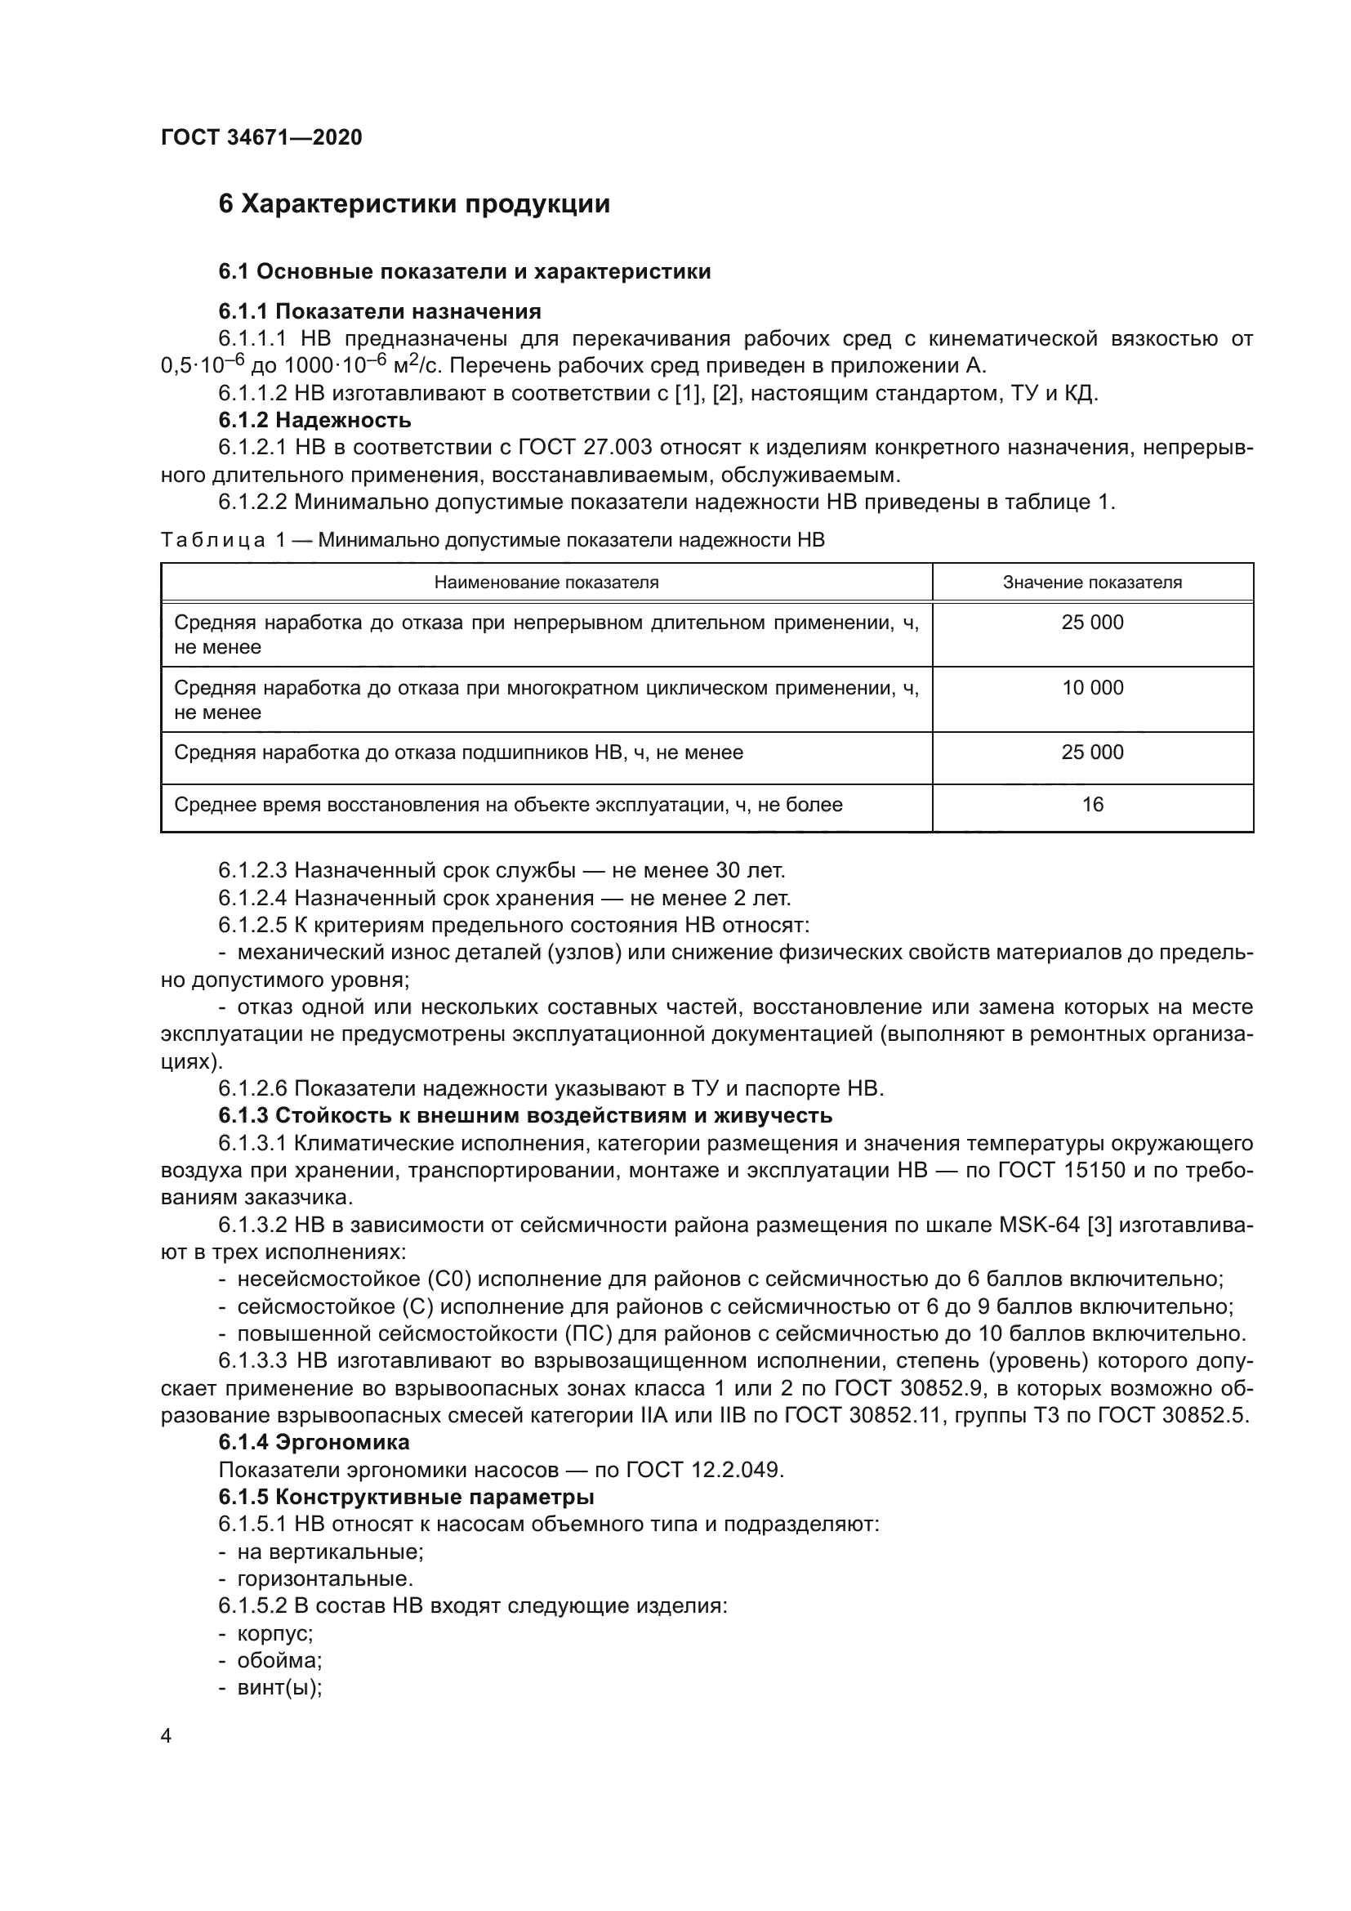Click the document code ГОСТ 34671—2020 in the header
[x=261, y=138]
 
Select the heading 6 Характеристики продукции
[x=413, y=205]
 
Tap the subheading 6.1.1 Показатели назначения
[x=379, y=312]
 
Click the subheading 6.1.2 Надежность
[x=314, y=420]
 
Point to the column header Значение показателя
[x=1091, y=583]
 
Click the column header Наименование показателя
[x=546, y=583]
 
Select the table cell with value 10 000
[x=1091, y=688]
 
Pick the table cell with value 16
[x=1091, y=805]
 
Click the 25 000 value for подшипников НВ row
[x=1091, y=752]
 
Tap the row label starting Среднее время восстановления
[x=507, y=805]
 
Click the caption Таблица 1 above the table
[x=223, y=541]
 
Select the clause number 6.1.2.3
[x=252, y=872]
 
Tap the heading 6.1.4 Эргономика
[x=314, y=1442]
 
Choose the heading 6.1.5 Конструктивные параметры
[x=406, y=1498]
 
